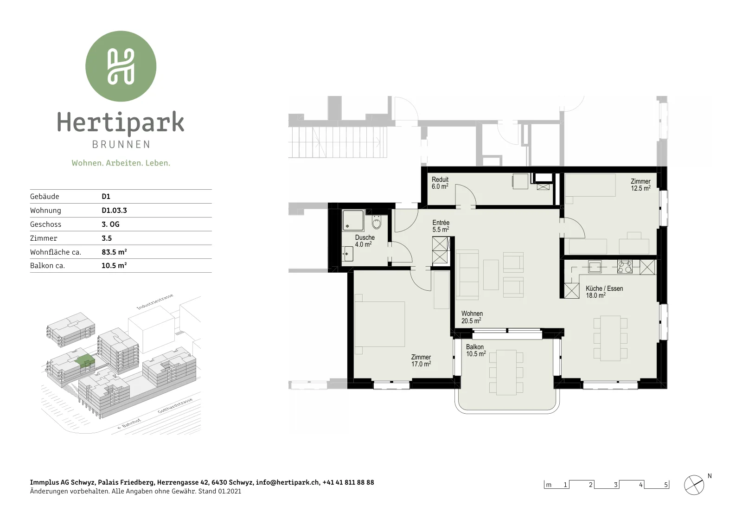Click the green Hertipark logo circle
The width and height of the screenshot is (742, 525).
click(x=121, y=66)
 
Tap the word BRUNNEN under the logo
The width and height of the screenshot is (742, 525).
click(x=121, y=144)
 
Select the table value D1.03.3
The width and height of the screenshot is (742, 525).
click(x=114, y=211)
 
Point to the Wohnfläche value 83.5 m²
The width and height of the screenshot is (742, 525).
click(x=114, y=252)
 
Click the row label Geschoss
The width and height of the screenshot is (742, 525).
click(x=46, y=224)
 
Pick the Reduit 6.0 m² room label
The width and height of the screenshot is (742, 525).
click(x=440, y=183)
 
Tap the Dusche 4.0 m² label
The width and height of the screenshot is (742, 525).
click(x=365, y=241)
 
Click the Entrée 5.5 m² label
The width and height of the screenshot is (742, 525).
click(x=441, y=226)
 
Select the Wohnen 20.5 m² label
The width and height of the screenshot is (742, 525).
click(x=472, y=317)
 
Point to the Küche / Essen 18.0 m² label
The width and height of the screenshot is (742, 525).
click(x=604, y=292)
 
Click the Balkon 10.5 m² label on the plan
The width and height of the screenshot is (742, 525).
click(x=476, y=351)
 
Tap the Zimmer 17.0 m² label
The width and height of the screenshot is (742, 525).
click(x=421, y=361)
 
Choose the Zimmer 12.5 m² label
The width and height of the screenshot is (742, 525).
click(x=640, y=185)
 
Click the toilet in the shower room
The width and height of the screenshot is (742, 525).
click(x=376, y=222)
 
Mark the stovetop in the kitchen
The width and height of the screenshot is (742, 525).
click(x=625, y=267)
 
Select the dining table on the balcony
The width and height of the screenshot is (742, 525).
click(x=506, y=372)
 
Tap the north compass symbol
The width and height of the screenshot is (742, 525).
click(x=694, y=485)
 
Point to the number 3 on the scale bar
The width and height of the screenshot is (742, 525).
click(x=615, y=485)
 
